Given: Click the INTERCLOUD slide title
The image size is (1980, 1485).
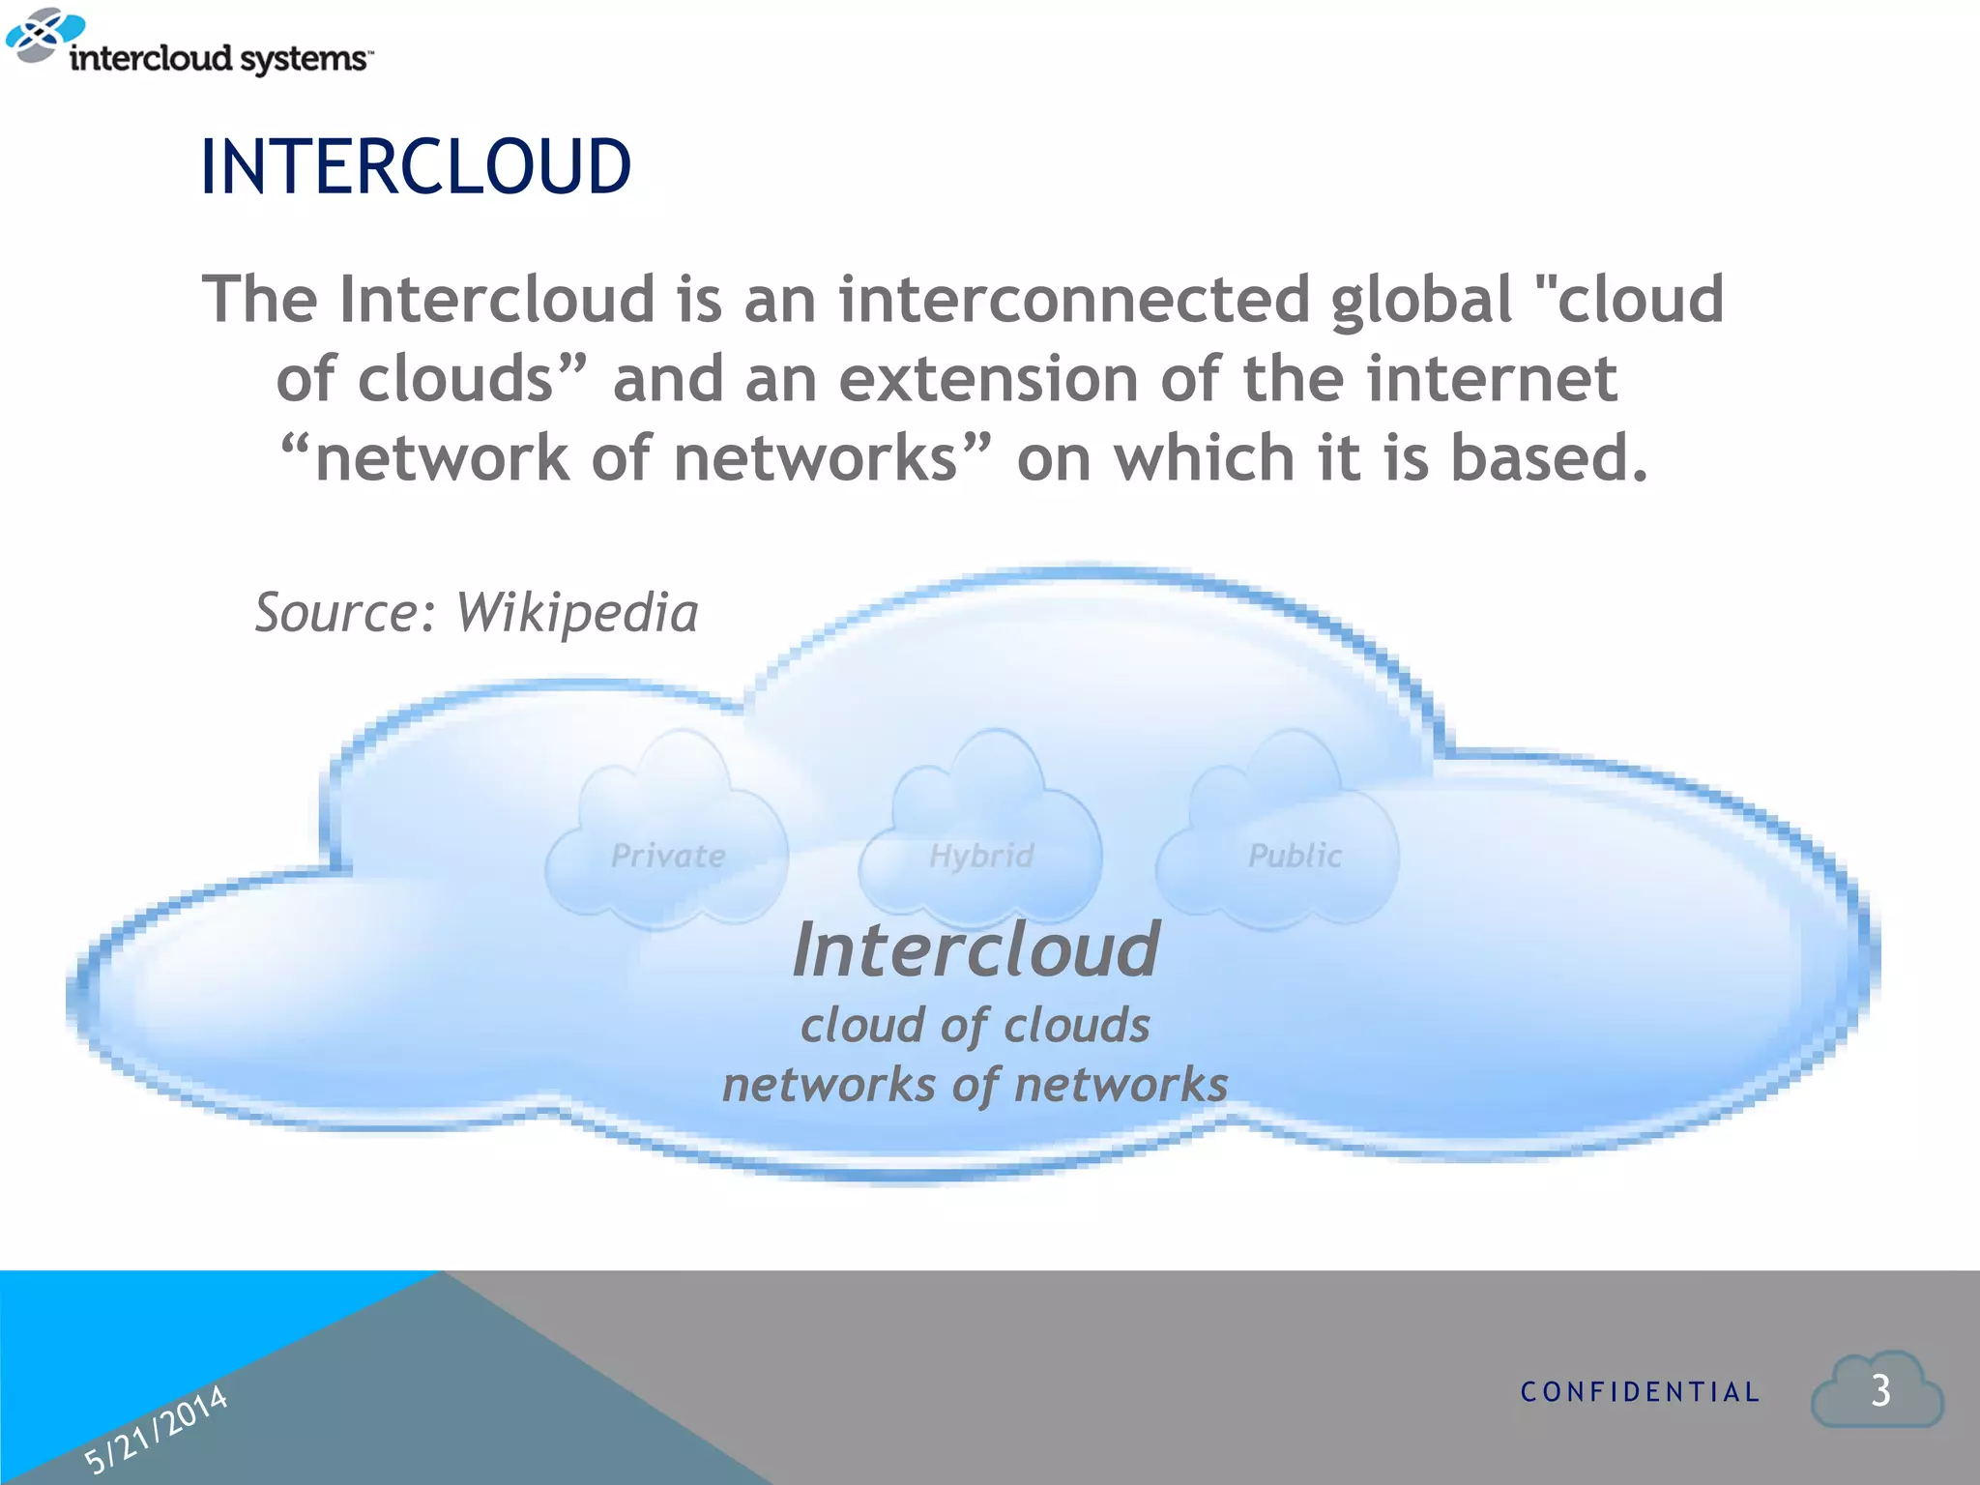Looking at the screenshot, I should pos(416,167).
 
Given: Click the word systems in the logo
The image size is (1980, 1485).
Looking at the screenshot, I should pos(303,60).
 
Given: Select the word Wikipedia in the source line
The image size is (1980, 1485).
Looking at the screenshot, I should pos(576,613).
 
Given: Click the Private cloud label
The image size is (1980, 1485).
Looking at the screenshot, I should pos(668,856).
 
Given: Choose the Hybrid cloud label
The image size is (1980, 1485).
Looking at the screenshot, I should pos(981,856).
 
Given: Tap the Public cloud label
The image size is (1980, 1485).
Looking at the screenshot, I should pos(1295,856).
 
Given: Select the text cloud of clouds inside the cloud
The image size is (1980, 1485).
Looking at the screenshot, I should pos(975,1025).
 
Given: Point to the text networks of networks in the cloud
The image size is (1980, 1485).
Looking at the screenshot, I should pos(975,1085).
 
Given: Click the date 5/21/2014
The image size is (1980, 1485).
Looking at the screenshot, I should pos(156,1429).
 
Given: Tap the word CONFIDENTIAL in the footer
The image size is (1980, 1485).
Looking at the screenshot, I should pos(1640,1392).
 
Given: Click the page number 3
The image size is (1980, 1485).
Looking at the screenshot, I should pos(1879,1391).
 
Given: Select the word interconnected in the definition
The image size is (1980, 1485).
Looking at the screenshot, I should pos(1072,299).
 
